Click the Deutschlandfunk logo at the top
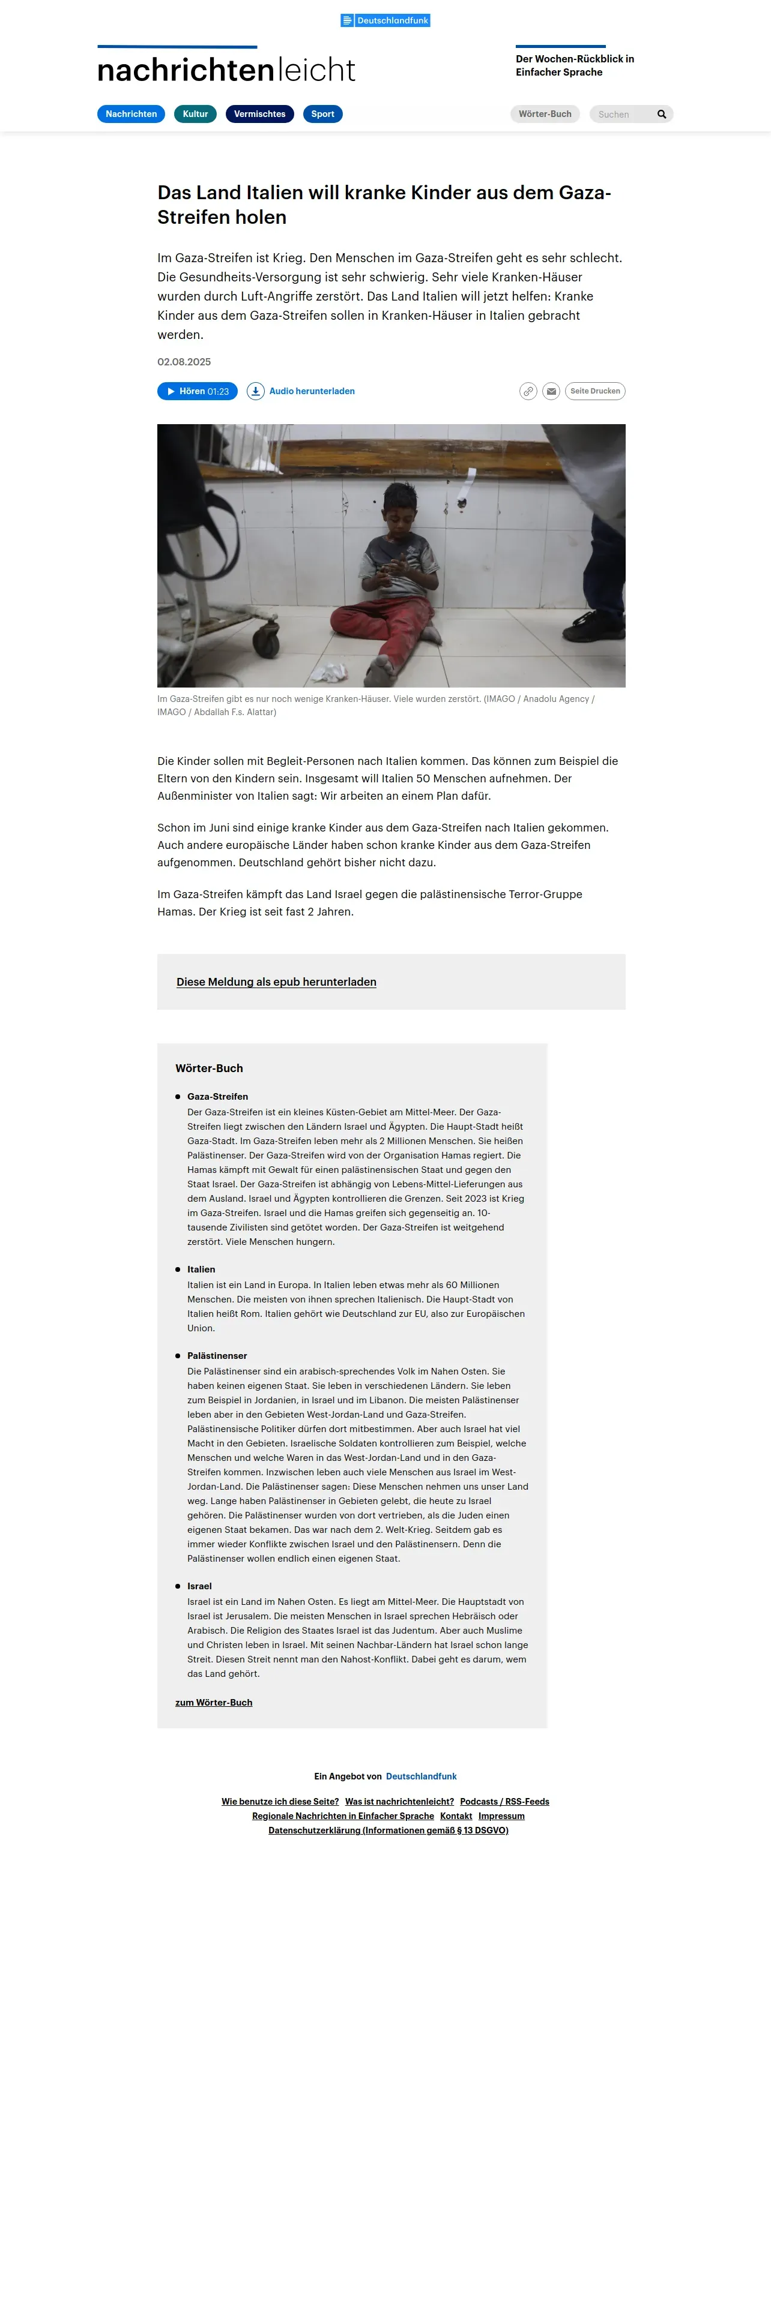tap(385, 20)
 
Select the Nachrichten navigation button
tap(131, 114)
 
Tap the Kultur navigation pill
tap(195, 114)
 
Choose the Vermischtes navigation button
tap(259, 114)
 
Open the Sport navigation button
tap(322, 114)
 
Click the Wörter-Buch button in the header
tap(545, 114)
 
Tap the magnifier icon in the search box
tap(662, 114)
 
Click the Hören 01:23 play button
tap(198, 391)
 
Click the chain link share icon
tap(528, 391)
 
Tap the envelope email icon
tap(551, 391)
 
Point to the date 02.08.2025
tap(184, 362)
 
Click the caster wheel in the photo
tap(265, 640)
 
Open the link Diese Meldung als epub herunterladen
tap(276, 982)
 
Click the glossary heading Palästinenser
tap(217, 1355)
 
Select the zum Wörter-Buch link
tap(214, 1702)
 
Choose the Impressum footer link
tap(501, 1816)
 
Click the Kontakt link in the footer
tap(456, 1816)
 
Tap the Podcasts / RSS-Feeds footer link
tap(504, 1802)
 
